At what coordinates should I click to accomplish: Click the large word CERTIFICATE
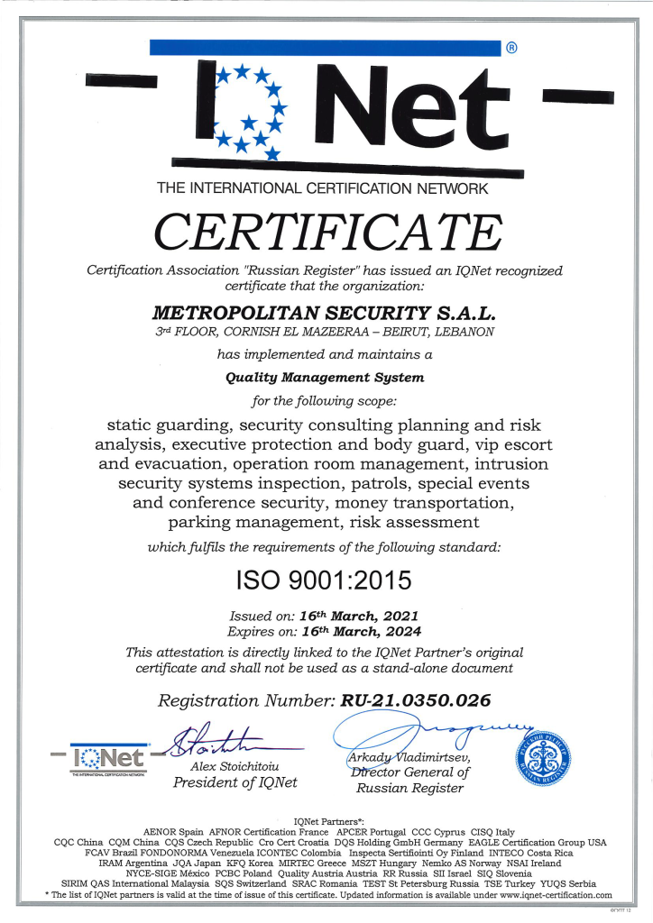326,232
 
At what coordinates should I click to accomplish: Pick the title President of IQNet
235,782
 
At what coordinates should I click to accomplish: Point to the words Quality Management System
324,377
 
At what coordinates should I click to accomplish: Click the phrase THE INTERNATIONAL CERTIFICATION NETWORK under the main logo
322,189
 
